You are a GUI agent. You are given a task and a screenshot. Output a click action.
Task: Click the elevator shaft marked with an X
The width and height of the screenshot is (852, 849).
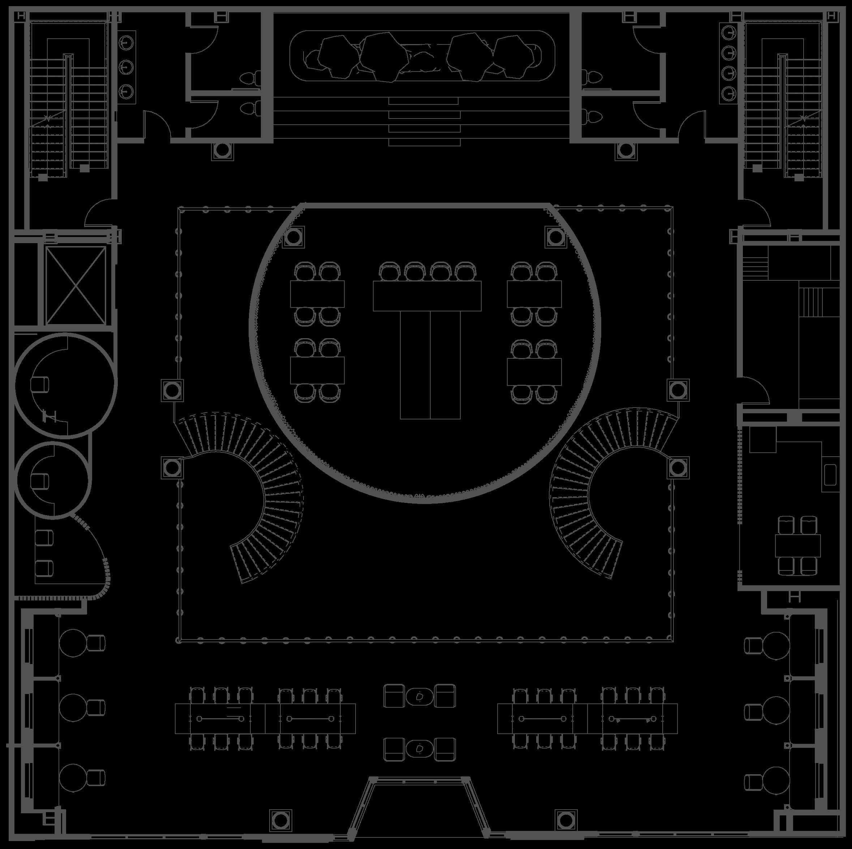[x=76, y=285]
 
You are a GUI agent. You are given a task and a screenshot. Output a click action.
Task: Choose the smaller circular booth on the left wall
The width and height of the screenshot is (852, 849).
[x=53, y=479]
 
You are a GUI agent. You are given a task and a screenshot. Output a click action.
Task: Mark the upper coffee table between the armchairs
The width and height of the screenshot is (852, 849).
[x=419, y=696]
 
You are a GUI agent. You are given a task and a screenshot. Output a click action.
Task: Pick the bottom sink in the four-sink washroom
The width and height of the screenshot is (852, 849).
[x=728, y=92]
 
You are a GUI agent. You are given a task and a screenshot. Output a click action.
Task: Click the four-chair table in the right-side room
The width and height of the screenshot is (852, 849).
[x=798, y=546]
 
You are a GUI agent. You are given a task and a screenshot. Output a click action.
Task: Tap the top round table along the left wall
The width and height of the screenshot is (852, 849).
[x=72, y=643]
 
